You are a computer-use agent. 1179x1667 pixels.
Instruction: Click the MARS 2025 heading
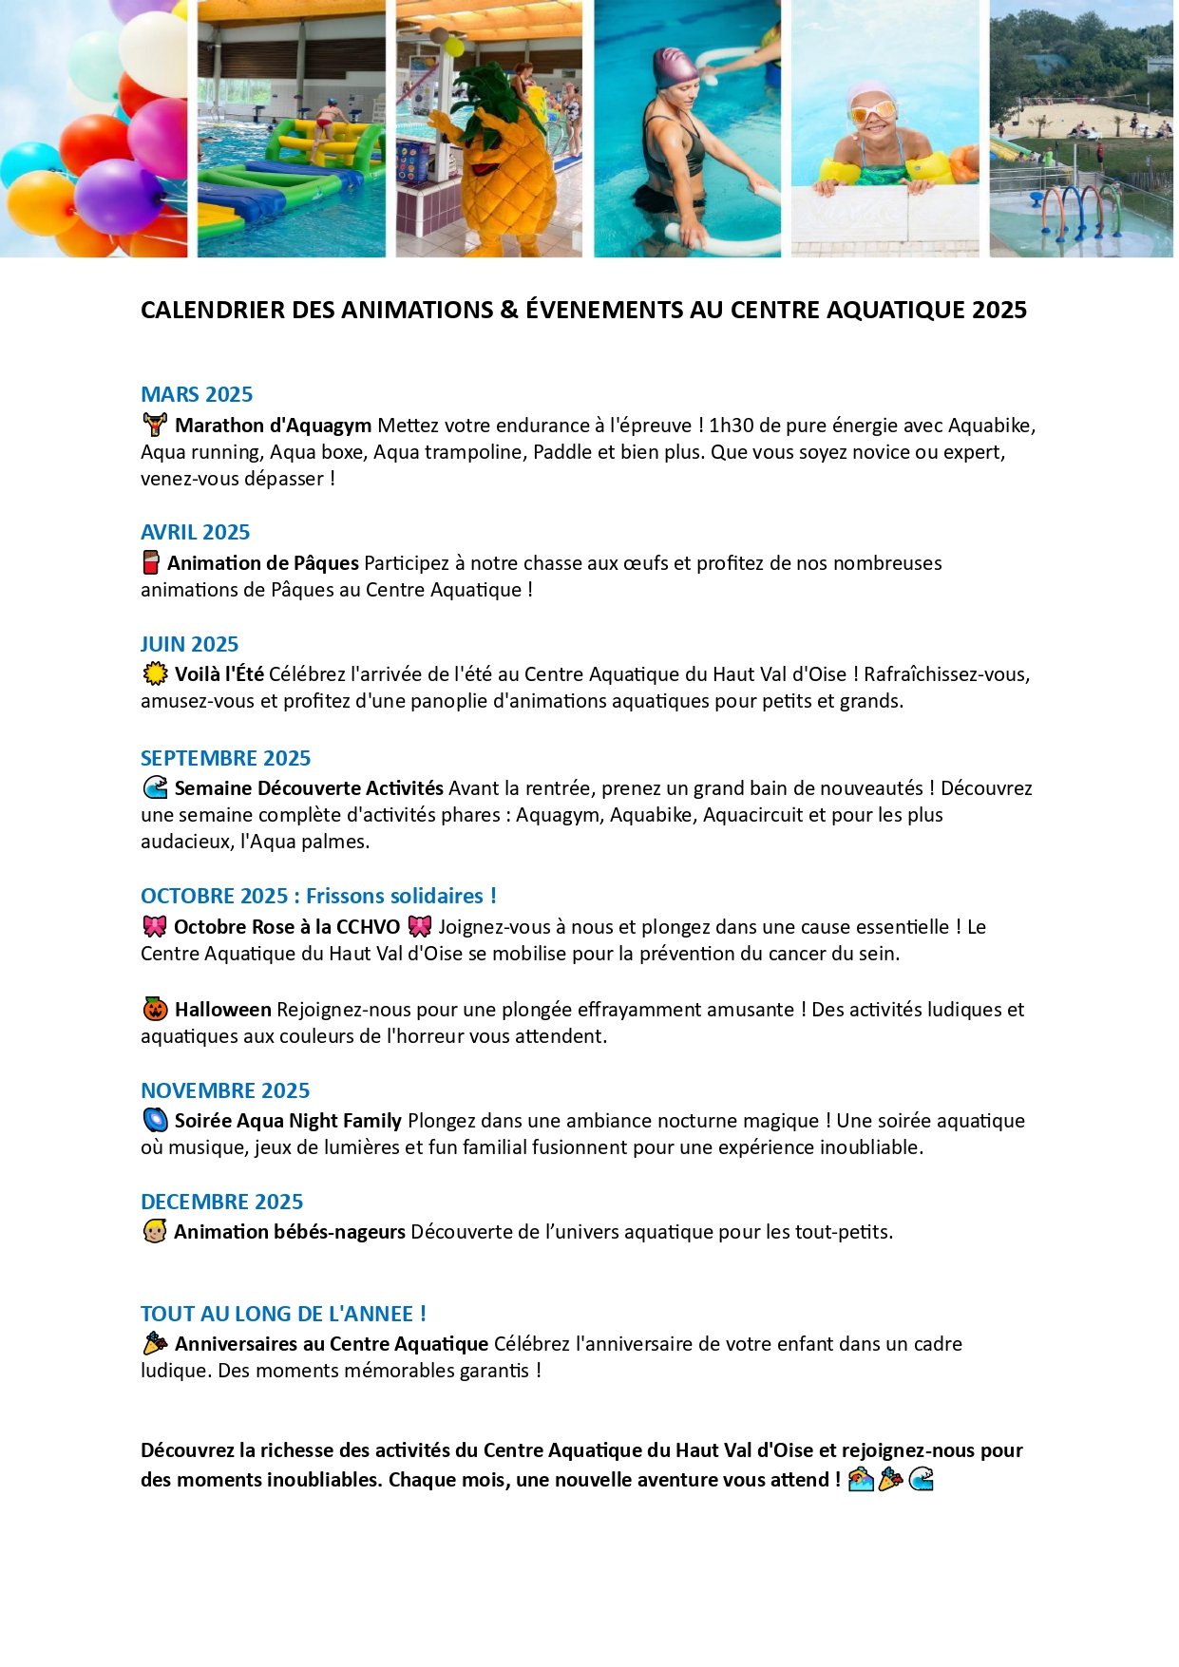point(197,394)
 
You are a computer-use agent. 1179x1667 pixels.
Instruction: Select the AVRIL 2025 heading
point(195,532)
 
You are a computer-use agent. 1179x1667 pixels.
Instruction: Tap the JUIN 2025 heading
point(189,644)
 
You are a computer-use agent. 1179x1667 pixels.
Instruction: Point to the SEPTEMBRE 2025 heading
point(225,758)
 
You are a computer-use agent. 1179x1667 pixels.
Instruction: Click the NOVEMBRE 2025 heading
point(225,1090)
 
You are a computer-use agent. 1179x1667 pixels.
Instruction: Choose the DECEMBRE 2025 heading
point(221,1202)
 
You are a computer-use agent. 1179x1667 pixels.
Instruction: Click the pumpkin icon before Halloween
point(154,1009)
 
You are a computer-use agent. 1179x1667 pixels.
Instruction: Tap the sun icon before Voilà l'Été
point(154,674)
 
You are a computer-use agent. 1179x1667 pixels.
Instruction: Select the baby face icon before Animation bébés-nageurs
point(154,1232)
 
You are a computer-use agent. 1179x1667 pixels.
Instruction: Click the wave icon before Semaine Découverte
point(154,787)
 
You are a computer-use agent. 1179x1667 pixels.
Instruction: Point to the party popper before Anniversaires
point(154,1343)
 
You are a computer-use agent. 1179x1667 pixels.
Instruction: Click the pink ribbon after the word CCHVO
point(419,926)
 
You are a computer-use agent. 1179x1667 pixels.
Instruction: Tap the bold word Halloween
point(222,1010)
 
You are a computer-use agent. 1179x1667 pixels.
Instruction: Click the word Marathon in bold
point(217,426)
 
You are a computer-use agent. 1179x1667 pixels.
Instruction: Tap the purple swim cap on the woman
point(675,66)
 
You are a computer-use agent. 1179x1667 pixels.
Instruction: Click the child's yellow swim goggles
point(873,111)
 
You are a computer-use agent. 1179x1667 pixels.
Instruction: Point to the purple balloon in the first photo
point(118,195)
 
